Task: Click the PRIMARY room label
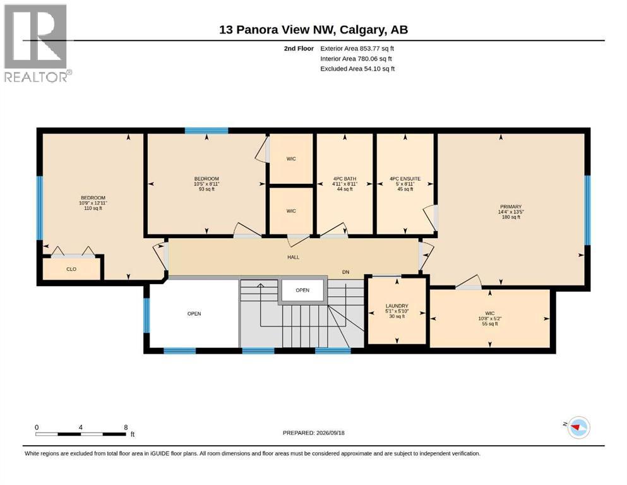point(511,207)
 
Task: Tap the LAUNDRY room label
point(397,306)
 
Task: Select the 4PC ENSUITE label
point(405,179)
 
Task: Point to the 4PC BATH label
point(344,179)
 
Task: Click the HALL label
point(293,257)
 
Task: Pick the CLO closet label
point(71,269)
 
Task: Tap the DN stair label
point(345,272)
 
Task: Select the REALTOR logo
point(37,43)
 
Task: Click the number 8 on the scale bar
point(126,427)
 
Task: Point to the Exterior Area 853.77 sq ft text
point(357,49)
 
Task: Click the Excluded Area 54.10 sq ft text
point(357,68)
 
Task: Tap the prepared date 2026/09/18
point(330,433)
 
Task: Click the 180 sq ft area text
point(511,217)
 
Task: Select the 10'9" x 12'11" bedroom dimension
point(93,203)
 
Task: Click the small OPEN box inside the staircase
point(302,290)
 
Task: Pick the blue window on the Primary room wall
point(587,210)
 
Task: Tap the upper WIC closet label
point(291,159)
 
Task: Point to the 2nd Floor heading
point(299,49)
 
